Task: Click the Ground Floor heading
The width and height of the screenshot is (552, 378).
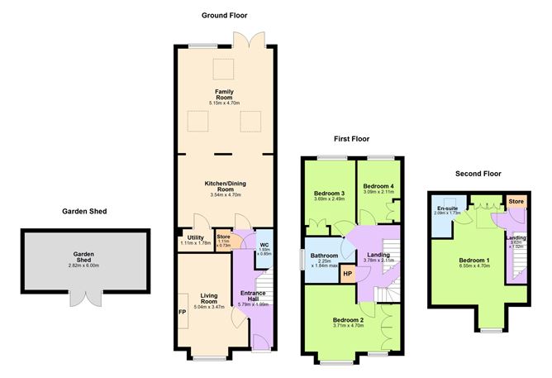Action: [223, 15]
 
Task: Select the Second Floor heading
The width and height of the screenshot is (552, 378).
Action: [479, 174]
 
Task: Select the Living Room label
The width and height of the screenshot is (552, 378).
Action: [207, 299]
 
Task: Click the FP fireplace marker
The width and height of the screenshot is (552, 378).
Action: [182, 313]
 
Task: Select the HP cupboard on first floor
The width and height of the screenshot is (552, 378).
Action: [348, 274]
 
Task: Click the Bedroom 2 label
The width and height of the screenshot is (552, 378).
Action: [349, 319]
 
